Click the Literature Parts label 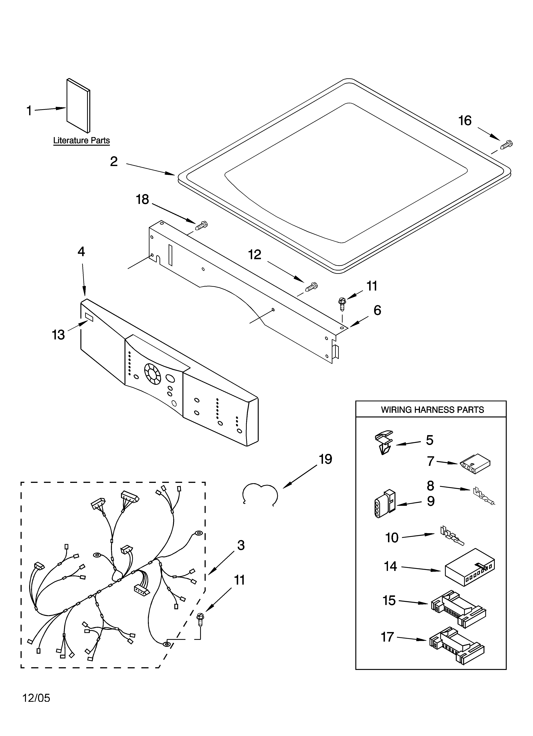point(82,141)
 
